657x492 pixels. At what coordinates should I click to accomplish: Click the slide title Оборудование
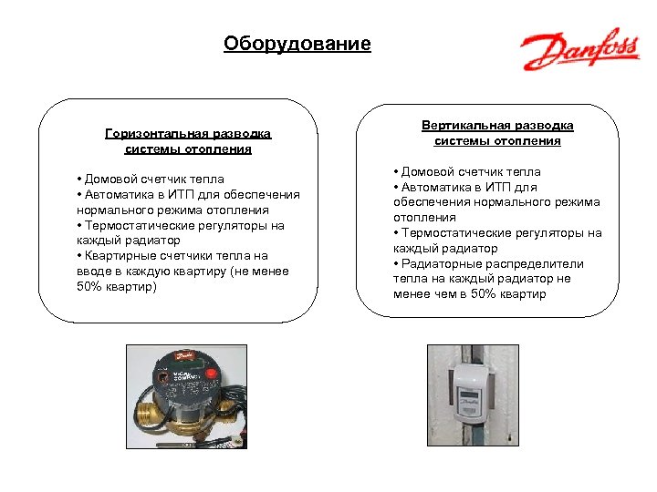(297, 44)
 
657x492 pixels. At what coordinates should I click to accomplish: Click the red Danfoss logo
(579, 51)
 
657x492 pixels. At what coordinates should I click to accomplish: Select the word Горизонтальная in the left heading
(149, 134)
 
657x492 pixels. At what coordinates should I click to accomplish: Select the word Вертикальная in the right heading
(464, 126)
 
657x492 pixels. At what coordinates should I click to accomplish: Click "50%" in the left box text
(91, 287)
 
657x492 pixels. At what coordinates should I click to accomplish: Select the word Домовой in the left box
(112, 179)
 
